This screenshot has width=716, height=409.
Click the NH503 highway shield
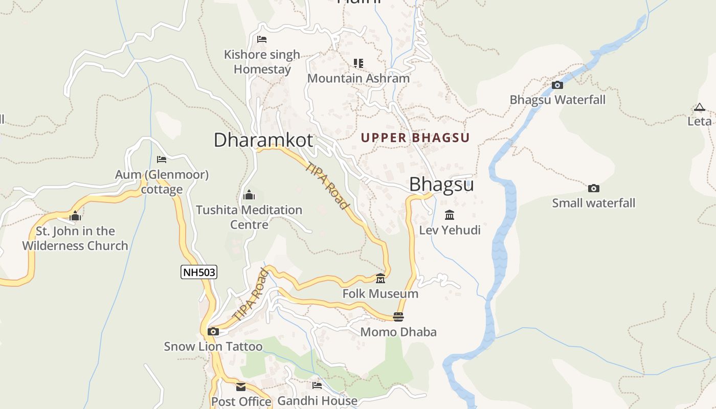coord(199,272)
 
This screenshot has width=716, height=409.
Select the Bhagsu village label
coord(441,184)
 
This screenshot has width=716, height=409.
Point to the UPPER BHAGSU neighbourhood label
coord(415,138)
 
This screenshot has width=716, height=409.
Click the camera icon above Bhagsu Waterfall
coord(557,85)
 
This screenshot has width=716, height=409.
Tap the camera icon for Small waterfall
coord(593,188)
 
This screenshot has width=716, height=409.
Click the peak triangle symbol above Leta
coord(699,107)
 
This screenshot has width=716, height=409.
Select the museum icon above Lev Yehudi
coord(450,215)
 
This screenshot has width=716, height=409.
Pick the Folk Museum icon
coord(381,279)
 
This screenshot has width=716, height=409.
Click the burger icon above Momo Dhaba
coord(398,317)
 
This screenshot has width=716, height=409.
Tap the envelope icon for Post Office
coord(241,387)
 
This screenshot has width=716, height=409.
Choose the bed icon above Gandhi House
coord(317,385)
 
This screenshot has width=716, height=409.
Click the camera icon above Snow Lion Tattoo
coord(213,331)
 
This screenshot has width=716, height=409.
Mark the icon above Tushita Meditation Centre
coord(249,195)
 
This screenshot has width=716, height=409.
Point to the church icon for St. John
coord(75,216)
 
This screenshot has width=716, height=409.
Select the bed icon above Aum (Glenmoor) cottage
coord(162,160)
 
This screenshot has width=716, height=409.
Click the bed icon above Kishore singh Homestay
coord(262,39)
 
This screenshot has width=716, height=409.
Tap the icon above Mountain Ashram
coord(359,63)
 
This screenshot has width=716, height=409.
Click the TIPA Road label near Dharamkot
coord(327,185)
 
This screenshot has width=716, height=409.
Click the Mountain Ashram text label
coord(359,78)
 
